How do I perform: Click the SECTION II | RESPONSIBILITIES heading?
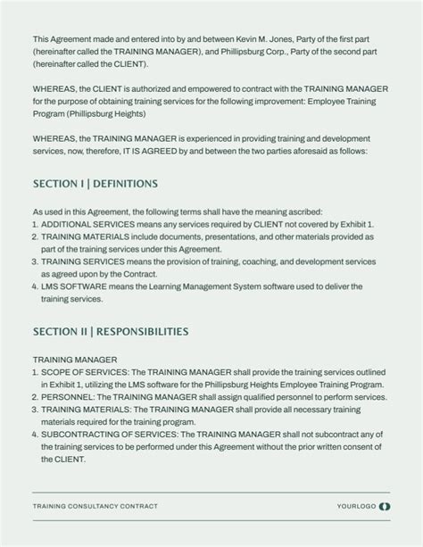111,332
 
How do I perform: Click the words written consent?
338,447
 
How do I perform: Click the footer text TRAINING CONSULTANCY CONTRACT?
95,506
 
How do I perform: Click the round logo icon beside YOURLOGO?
385,506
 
